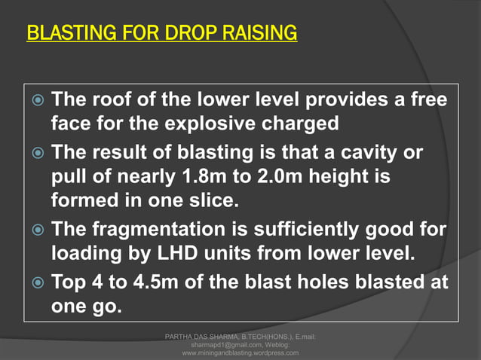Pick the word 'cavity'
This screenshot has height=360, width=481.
point(376,153)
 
